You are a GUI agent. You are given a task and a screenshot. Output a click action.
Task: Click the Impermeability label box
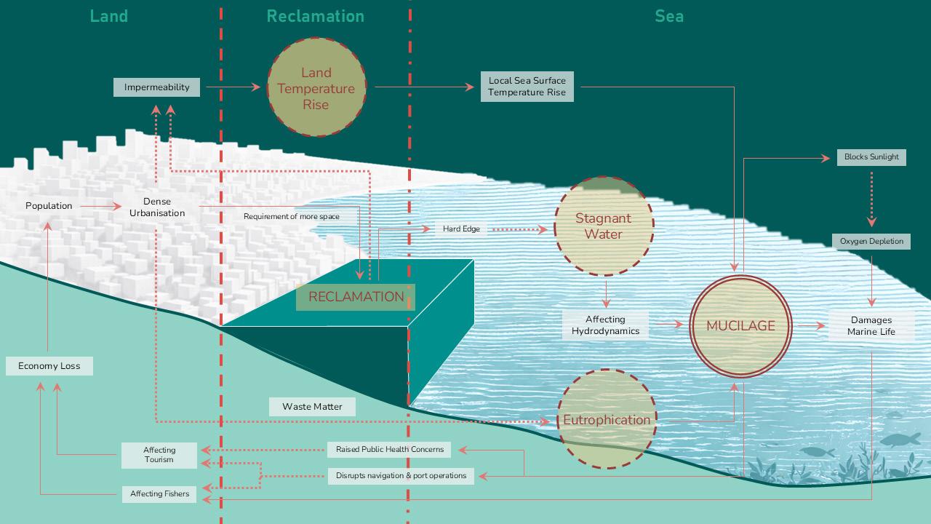click(156, 87)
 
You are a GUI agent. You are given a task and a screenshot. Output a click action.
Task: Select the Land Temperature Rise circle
click(316, 88)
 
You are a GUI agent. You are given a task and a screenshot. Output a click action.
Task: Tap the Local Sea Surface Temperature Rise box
click(527, 87)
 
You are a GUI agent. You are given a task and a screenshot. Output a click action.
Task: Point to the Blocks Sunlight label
click(871, 156)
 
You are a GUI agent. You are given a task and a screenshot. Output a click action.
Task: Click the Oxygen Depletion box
click(871, 241)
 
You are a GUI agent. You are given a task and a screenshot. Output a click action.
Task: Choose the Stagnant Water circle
click(604, 226)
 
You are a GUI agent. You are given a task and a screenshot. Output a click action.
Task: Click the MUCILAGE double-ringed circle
click(740, 325)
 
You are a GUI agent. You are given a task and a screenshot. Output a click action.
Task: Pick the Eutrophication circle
click(607, 419)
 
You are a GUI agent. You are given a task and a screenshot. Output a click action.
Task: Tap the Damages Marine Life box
click(871, 326)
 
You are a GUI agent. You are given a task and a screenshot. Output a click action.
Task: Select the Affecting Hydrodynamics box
click(605, 325)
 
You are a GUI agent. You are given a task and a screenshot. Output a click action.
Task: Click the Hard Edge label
click(461, 229)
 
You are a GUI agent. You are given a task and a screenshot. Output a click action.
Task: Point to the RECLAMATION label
click(356, 297)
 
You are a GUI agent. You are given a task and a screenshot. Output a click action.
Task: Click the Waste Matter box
click(312, 407)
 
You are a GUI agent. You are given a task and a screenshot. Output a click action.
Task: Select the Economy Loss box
click(49, 366)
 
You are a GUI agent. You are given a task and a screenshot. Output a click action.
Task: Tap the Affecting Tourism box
click(159, 455)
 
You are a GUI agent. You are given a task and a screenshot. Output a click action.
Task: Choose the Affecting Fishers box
click(159, 494)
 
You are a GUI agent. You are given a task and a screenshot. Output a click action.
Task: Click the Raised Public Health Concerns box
click(389, 450)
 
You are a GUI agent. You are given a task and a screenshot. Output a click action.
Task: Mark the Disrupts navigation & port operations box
click(401, 476)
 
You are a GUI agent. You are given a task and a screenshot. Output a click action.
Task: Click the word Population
click(49, 206)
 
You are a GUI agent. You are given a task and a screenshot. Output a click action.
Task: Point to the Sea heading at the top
click(668, 16)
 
